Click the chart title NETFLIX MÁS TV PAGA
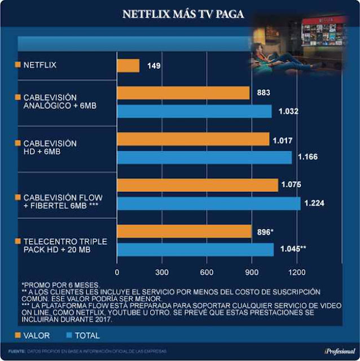183,14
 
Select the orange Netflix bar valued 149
128,65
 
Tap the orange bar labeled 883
183,93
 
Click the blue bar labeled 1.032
194,112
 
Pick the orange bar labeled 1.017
193,139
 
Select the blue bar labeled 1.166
204,157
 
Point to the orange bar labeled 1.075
197,185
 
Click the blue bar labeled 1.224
208,203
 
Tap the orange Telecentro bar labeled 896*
184,231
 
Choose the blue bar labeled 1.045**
195,249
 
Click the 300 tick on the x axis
162,272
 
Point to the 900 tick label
252,272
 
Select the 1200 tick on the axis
297,272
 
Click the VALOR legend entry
36,336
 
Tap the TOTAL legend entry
86,336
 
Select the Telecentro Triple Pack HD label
56,245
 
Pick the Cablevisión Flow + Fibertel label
62,200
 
